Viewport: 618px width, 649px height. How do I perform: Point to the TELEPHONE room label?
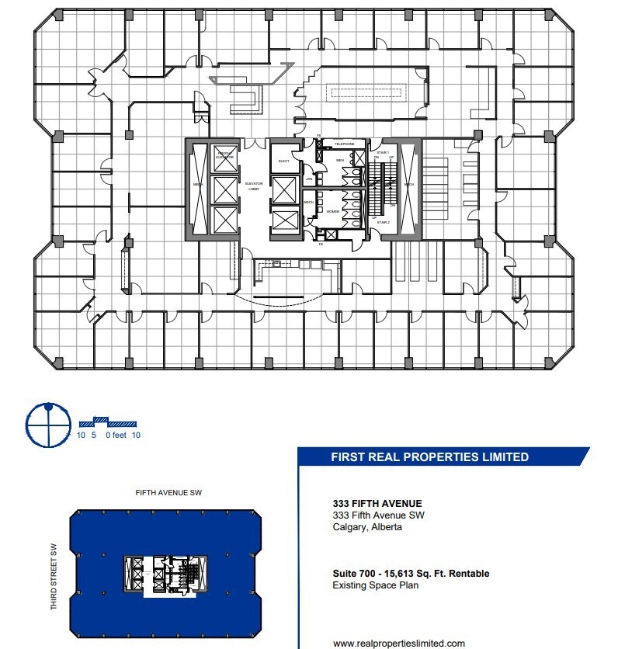coord(344,144)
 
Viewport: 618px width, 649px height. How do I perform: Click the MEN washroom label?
coord(339,161)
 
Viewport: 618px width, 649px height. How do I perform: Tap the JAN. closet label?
coord(309,179)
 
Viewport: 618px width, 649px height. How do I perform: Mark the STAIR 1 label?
coord(383,153)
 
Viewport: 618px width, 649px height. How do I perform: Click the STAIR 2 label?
coord(383,223)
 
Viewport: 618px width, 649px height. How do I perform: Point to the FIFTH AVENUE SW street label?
coord(168,493)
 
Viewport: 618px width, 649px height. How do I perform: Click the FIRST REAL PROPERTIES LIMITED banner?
coord(430,457)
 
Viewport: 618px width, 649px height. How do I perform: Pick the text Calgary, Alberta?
coord(367,527)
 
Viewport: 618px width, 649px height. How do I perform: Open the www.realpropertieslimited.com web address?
coord(399,643)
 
